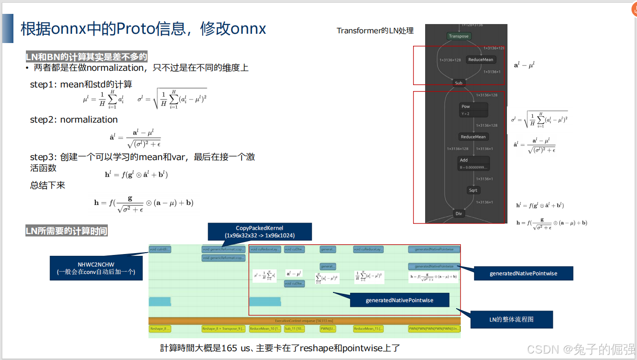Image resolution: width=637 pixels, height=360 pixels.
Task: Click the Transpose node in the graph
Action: (458, 36)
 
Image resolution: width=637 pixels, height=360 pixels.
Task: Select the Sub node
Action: (458, 83)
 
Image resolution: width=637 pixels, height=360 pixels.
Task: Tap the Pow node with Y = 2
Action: (474, 110)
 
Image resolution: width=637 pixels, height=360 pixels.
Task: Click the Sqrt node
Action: (473, 190)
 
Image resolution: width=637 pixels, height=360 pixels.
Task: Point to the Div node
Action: (458, 214)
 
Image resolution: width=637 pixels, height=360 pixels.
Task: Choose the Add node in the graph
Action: (474, 163)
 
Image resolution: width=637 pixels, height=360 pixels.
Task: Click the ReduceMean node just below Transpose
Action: (481, 60)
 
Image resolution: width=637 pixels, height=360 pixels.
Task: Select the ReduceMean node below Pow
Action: (474, 137)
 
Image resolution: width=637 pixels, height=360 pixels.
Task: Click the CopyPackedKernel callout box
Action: (260, 231)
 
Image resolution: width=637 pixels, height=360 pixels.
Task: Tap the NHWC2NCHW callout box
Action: (96, 268)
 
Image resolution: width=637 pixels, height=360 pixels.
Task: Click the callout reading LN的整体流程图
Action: (511, 319)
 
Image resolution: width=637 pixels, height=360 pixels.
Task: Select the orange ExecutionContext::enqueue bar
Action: (304, 321)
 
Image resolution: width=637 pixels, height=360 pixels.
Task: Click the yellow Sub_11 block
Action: (294, 329)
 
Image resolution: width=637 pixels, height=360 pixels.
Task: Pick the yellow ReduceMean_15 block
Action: (368, 329)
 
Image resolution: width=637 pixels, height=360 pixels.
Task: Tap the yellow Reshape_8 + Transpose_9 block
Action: (223, 329)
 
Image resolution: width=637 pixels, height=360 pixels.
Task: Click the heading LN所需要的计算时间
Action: (67, 231)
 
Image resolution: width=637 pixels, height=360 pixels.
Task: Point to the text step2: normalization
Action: (74, 119)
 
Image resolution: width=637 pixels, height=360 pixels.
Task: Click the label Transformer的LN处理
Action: (375, 31)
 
